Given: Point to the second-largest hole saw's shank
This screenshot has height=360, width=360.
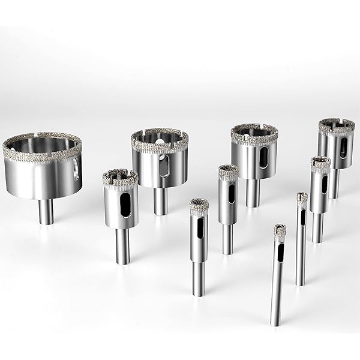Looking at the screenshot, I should click(160, 201).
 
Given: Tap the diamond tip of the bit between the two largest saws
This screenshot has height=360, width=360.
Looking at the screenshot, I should click(120, 178).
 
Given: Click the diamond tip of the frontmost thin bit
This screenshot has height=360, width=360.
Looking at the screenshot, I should click(280, 230).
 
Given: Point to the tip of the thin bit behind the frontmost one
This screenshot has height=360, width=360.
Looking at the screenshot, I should click(302, 197).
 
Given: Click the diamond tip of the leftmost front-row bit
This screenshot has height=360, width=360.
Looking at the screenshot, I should click(199, 206).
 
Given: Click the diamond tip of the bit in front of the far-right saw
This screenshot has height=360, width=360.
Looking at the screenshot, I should click(320, 163).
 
